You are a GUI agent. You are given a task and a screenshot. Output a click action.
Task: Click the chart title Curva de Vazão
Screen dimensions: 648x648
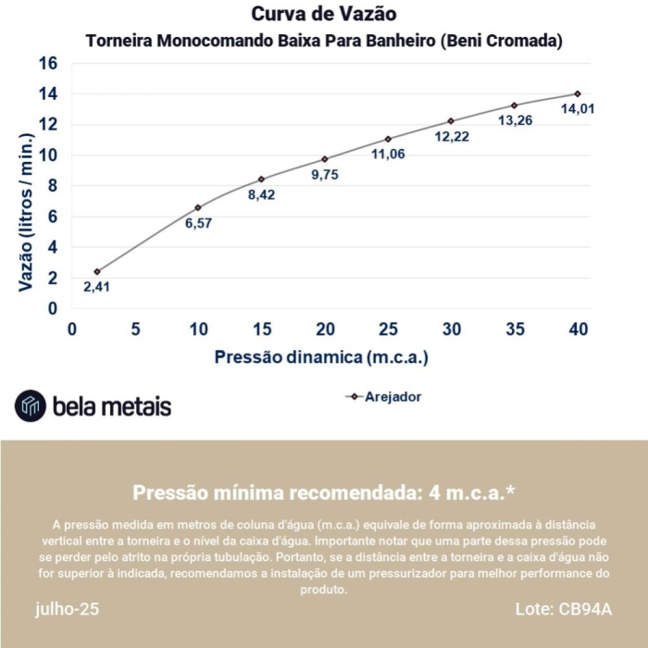pos(324,15)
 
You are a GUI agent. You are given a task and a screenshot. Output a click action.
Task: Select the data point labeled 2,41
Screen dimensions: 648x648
pos(96,271)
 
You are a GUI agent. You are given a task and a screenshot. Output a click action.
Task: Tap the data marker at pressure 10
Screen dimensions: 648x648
pos(198,207)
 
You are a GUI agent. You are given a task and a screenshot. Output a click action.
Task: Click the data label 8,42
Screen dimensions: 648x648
pos(262,195)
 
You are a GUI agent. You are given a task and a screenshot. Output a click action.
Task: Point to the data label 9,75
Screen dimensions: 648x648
pos(325,175)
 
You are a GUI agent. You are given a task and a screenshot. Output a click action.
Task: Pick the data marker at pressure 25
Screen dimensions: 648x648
pos(389,139)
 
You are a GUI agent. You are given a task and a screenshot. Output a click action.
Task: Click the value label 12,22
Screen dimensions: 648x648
pos(452,137)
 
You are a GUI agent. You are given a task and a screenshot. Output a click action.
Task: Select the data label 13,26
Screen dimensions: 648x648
pos(515,121)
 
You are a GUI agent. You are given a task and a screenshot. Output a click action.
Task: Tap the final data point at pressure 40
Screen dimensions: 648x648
pos(578,93)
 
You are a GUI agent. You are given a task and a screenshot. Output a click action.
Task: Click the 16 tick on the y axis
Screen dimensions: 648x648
pos(47,63)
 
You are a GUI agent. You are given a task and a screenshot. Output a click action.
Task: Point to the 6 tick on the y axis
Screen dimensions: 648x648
pos(53,216)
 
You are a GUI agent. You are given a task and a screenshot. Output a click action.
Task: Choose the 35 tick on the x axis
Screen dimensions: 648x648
pos(515,330)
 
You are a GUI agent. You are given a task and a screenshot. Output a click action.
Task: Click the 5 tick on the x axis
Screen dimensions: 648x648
pos(135,330)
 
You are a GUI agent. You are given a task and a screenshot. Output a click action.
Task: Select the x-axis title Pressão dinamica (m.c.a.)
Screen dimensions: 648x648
pos(322,356)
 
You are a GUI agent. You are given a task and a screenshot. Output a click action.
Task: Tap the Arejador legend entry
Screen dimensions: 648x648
pos(383,396)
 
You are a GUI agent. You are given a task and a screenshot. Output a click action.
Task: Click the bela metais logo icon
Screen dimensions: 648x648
pos(31,405)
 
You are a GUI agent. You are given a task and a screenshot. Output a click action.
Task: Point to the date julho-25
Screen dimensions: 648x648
pos(67,609)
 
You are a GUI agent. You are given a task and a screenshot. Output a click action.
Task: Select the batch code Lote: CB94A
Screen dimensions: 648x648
pos(563,609)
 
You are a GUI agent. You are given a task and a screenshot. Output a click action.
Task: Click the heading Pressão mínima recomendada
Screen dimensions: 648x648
pos(324,492)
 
